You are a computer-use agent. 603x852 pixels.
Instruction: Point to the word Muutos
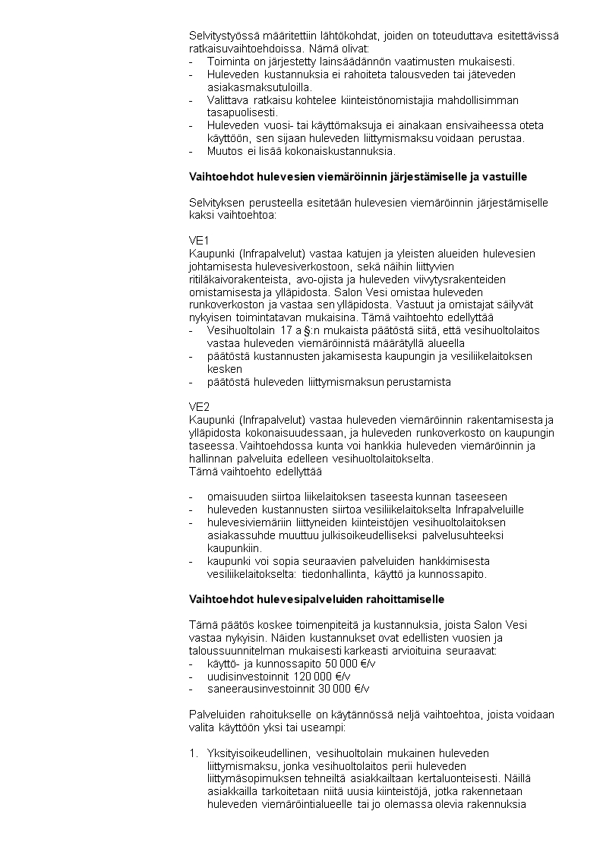[225, 151]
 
